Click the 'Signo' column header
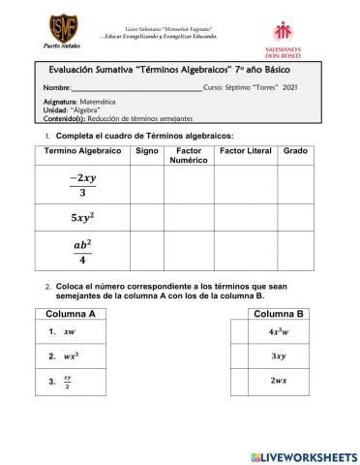[147, 152]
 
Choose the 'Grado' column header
[294, 152]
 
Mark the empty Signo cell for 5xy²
[147, 218]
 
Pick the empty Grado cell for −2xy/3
[294, 184]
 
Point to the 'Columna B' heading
[279, 315]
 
